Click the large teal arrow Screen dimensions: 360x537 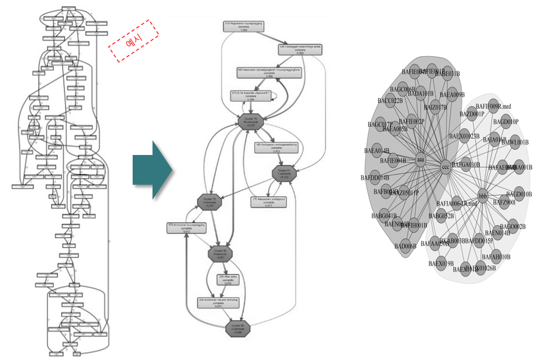[x=152, y=170]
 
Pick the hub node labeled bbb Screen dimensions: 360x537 [x=483, y=197]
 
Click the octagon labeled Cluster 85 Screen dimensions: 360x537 [x=220, y=254]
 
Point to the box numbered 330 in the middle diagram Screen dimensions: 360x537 [x=300, y=49]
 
